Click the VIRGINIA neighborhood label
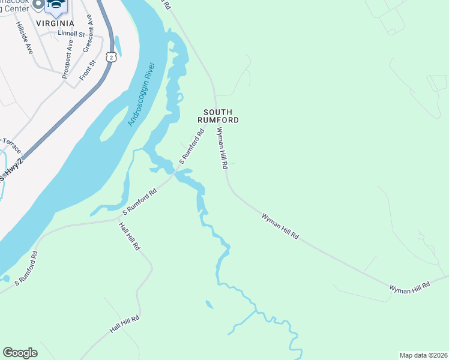point(55,23)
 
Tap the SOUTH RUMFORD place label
point(220,116)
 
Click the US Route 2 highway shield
point(111,56)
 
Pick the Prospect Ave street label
point(67,59)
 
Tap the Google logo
point(20,353)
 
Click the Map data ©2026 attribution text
point(423,355)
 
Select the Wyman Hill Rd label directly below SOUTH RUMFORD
point(222,148)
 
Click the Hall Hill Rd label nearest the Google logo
point(125,325)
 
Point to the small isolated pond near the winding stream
point(209,305)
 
